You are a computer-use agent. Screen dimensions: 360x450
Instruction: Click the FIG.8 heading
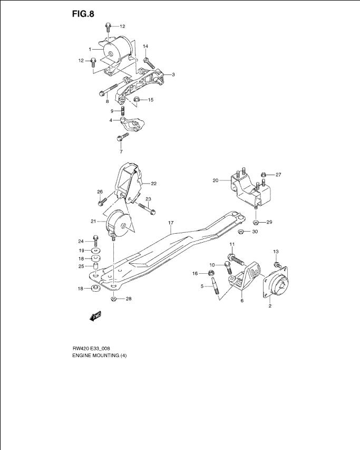(x=83, y=14)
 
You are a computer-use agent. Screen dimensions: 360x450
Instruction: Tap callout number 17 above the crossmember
(x=171, y=223)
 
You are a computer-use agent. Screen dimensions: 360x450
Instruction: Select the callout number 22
(x=153, y=184)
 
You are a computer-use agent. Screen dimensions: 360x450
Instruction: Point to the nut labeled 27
(x=264, y=174)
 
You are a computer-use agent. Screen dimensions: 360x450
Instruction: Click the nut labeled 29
(x=257, y=222)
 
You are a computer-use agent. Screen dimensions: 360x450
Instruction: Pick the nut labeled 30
(x=241, y=231)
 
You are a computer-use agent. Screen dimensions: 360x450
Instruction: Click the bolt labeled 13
(x=277, y=265)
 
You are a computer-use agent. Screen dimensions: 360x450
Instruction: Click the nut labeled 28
(x=113, y=299)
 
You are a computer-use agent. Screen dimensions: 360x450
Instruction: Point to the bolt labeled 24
(x=96, y=241)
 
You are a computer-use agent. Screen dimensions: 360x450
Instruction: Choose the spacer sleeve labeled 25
(x=96, y=266)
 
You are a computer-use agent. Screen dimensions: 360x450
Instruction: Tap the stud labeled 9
(x=123, y=110)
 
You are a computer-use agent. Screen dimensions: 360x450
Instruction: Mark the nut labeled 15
(x=137, y=100)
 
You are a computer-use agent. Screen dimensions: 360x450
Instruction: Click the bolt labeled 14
(x=149, y=63)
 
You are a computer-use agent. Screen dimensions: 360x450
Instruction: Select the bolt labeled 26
(x=103, y=201)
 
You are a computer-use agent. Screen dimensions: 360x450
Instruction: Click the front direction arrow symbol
(x=96, y=316)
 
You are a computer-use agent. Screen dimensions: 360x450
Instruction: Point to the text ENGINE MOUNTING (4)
(x=100, y=355)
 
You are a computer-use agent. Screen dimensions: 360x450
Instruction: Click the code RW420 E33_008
(x=91, y=349)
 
